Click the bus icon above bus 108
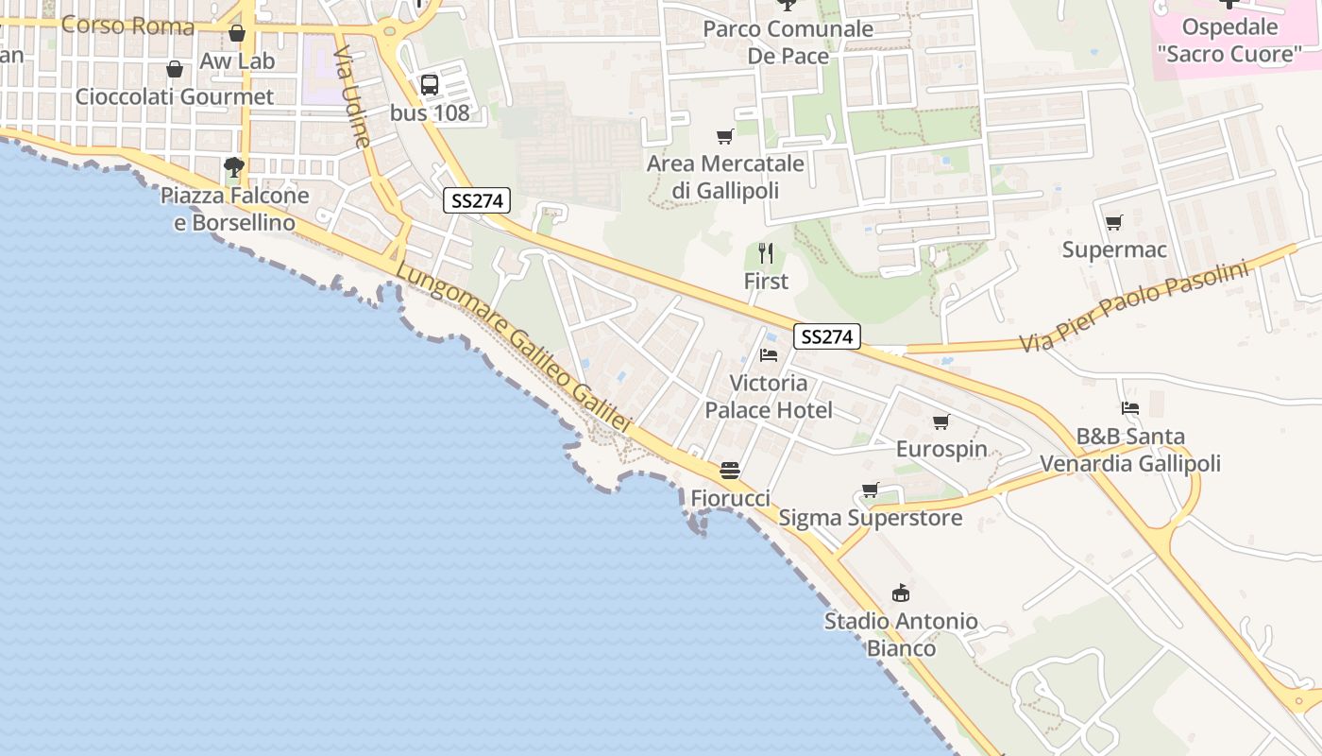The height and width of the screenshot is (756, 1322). pyautogui.click(x=430, y=84)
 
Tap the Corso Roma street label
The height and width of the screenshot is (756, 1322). pyautogui.click(x=127, y=26)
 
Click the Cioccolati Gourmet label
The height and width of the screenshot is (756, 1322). pyautogui.click(x=175, y=96)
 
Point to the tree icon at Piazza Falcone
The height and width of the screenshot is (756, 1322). pyautogui.click(x=234, y=168)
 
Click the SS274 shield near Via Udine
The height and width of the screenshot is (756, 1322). pyautogui.click(x=477, y=200)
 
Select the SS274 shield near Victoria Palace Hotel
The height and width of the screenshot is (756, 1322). pyautogui.click(x=827, y=336)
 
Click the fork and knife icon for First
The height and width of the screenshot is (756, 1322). pyautogui.click(x=766, y=253)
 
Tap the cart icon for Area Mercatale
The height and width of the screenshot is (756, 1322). pyautogui.click(x=725, y=137)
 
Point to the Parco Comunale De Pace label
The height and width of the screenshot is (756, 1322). pyautogui.click(x=788, y=43)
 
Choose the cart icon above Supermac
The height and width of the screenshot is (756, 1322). pyautogui.click(x=1114, y=223)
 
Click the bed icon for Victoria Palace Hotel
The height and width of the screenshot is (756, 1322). pyautogui.click(x=769, y=355)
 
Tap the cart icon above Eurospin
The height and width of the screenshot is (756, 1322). pyautogui.click(x=941, y=421)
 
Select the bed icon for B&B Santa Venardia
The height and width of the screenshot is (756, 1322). pyautogui.click(x=1130, y=408)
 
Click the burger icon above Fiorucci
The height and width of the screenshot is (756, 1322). pyautogui.click(x=730, y=471)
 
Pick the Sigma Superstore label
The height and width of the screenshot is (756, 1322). pyautogui.click(x=870, y=518)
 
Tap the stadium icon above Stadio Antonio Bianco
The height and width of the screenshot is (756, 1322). pyautogui.click(x=901, y=593)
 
